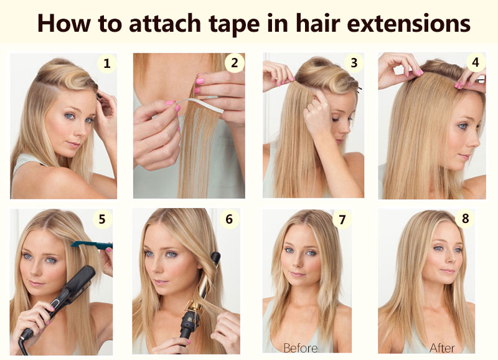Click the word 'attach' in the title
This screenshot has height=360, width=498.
[165, 24]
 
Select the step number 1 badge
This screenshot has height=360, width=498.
[107, 64]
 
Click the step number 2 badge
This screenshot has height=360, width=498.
[235, 62]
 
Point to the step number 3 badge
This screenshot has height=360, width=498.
[354, 62]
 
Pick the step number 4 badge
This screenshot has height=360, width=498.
[476, 62]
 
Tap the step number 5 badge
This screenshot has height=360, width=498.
[102, 219]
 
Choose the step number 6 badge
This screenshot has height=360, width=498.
[229, 219]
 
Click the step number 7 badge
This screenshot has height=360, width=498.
[342, 219]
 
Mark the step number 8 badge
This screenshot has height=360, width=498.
[465, 218]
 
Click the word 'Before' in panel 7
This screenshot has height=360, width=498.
[300, 348]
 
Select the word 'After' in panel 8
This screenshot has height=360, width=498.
[442, 348]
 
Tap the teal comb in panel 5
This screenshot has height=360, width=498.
[92, 245]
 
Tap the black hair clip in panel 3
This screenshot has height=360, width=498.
[359, 90]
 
